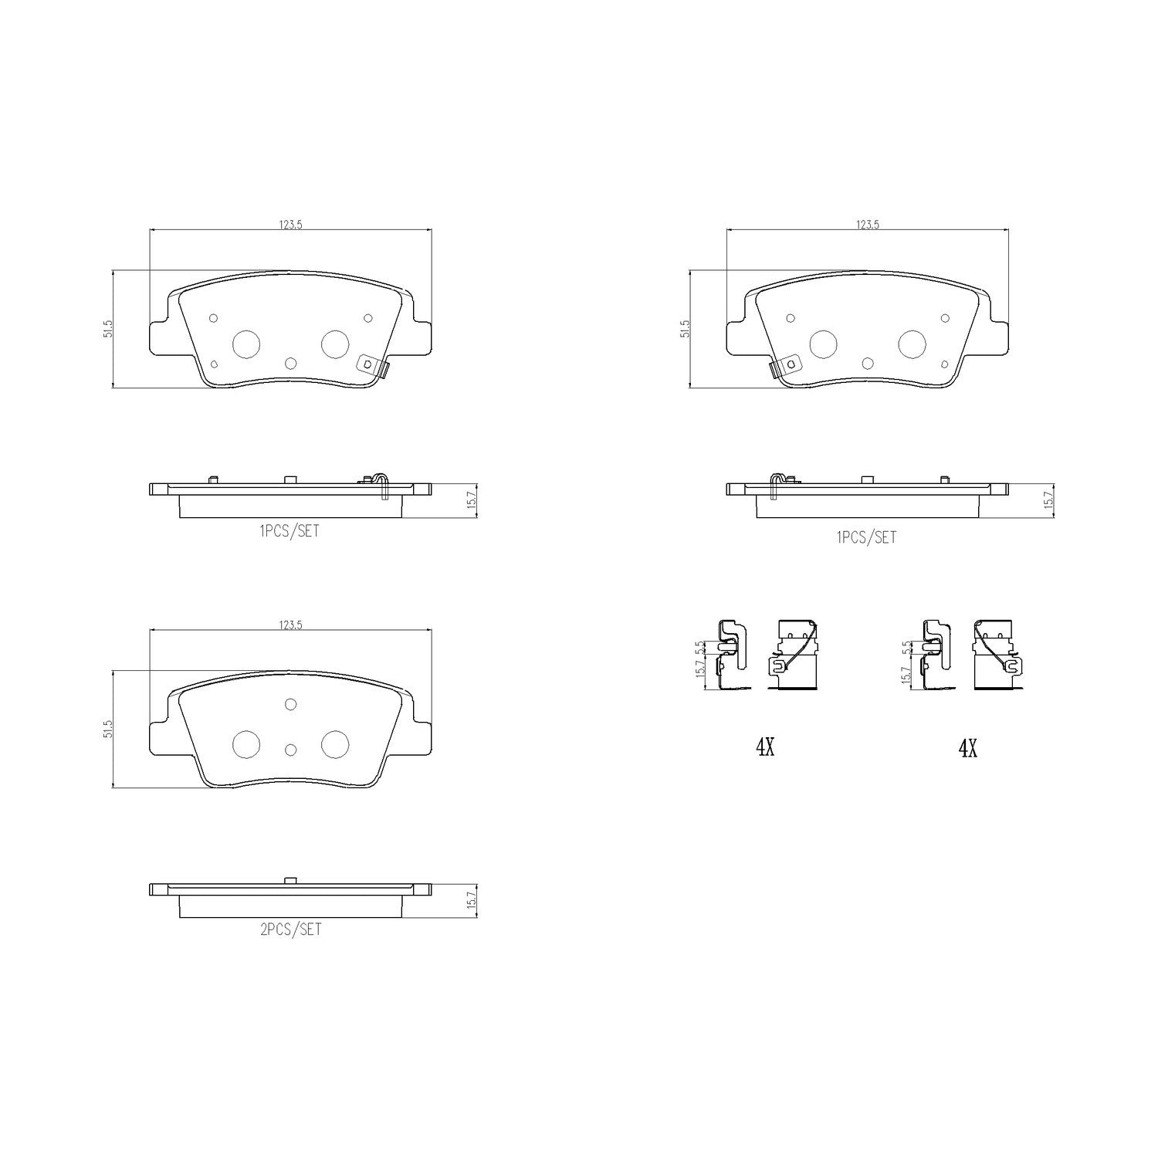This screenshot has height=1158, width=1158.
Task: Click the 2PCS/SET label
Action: (x=290, y=930)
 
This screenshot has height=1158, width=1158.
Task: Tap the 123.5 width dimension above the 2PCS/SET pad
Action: (x=290, y=625)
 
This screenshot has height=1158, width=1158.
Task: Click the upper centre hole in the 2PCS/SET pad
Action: (x=291, y=703)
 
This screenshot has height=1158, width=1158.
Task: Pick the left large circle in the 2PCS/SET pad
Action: (x=246, y=743)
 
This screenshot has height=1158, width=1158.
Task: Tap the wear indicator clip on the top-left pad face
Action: (x=371, y=366)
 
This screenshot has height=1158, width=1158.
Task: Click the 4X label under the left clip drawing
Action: (x=764, y=747)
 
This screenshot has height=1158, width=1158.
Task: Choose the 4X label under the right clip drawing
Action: (x=967, y=747)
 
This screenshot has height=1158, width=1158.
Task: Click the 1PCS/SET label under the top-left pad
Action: (x=289, y=531)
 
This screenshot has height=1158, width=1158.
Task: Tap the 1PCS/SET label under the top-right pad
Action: (x=867, y=537)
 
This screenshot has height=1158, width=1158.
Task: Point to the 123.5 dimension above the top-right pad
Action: (x=868, y=225)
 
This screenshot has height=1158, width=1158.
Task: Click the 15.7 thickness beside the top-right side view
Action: (x=1048, y=500)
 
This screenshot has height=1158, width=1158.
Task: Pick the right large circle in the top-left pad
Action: (x=335, y=344)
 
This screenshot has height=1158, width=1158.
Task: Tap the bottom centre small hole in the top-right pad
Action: (x=868, y=364)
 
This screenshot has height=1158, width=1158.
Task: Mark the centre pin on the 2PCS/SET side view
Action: (x=290, y=881)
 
